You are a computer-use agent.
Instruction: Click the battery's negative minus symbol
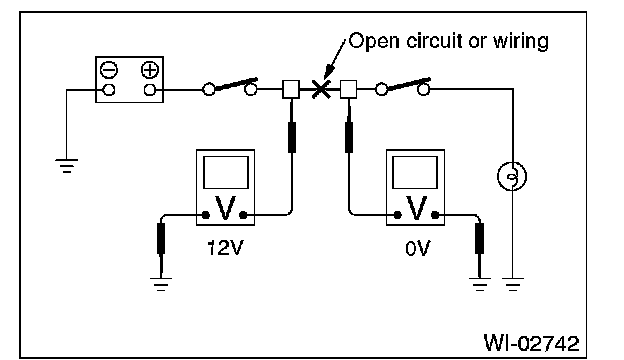[x=109, y=70]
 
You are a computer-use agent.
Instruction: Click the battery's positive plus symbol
[x=150, y=70]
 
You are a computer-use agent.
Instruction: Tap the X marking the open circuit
[x=320, y=89]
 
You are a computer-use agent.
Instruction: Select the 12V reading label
[x=225, y=249]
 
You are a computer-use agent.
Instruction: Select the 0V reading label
[x=418, y=249]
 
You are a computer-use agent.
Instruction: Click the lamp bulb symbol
[x=512, y=176]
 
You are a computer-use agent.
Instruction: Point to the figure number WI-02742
[x=532, y=343]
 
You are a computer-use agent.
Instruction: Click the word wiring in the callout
[x=521, y=41]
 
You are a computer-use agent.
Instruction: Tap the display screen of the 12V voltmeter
[x=226, y=172]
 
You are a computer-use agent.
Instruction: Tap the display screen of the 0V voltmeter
[x=415, y=172]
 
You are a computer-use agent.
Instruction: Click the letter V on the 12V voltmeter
[x=225, y=208]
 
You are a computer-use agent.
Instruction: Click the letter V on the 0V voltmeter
[x=415, y=208]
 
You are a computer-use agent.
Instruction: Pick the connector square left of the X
[x=291, y=90]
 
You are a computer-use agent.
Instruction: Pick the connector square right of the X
[x=349, y=90]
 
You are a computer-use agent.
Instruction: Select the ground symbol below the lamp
[x=513, y=284]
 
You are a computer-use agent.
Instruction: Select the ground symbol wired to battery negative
[x=66, y=166]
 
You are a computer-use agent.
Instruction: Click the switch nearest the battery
[x=230, y=87]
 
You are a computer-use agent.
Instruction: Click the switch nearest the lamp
[x=403, y=87]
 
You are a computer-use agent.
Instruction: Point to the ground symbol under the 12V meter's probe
[x=161, y=284]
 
